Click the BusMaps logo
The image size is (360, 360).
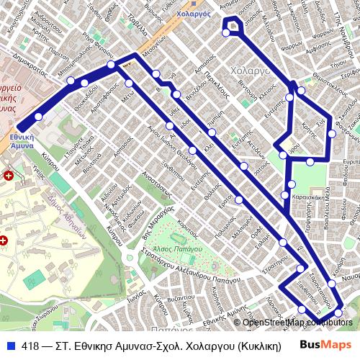tap(325, 344)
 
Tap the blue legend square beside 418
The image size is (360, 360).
tap(11, 346)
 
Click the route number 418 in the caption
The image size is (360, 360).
tap(31, 346)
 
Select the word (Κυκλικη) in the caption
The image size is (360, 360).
tap(260, 346)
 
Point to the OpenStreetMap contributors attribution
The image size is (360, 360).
tap(298, 322)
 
